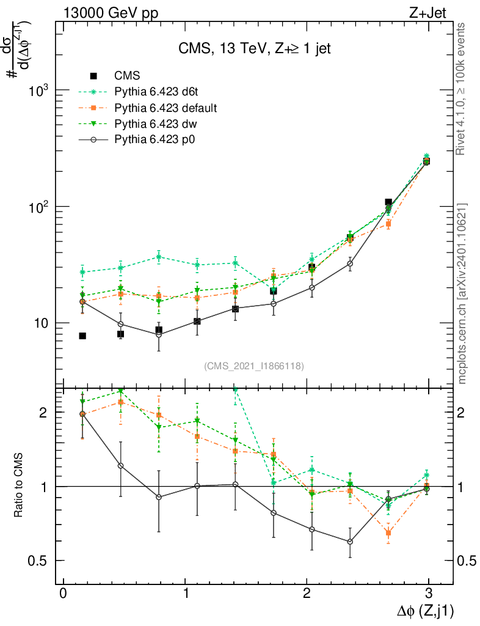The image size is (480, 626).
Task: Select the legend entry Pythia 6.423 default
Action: pyautogui.click(x=165, y=108)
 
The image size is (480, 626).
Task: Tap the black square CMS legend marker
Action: pyautogui.click(x=94, y=76)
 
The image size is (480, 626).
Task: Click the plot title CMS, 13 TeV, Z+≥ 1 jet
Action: pyautogui.click(x=254, y=49)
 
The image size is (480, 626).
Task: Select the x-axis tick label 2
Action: pyautogui.click(x=307, y=594)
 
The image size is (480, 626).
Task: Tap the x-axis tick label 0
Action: pyautogui.click(x=62, y=594)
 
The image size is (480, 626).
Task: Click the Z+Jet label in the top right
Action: pyautogui.click(x=432, y=12)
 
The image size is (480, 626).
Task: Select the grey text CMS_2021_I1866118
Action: pyautogui.click(x=254, y=366)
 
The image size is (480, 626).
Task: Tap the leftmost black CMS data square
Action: pyautogui.click(x=82, y=336)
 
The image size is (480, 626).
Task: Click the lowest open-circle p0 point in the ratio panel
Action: pyautogui.click(x=350, y=542)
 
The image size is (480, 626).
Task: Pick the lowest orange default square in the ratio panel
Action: pyautogui.click(x=388, y=533)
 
